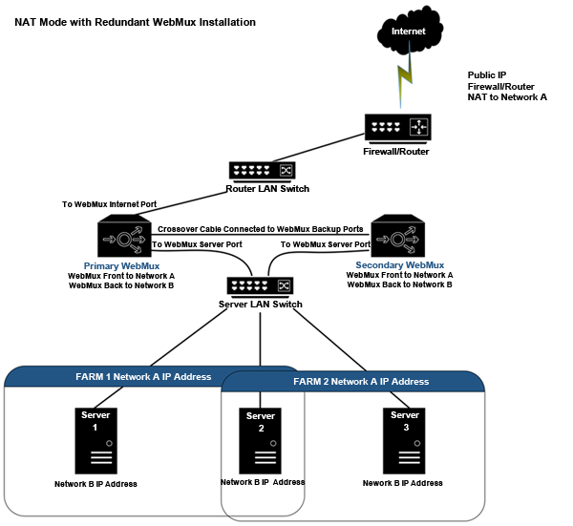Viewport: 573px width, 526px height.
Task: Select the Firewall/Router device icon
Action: pyautogui.click(x=398, y=127)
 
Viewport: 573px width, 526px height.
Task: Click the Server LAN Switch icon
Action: pyautogui.click(x=261, y=285)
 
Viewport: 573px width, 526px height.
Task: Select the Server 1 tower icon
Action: pyautogui.click(x=95, y=438)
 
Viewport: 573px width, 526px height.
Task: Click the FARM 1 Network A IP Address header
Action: pyautogui.click(x=143, y=376)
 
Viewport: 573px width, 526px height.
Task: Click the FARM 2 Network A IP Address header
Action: pyautogui.click(x=361, y=381)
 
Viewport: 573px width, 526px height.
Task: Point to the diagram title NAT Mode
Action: pyautogui.click(x=135, y=21)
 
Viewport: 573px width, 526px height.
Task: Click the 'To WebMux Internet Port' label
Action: pyautogui.click(x=109, y=204)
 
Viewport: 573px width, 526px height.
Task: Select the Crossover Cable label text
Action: pyautogui.click(x=260, y=229)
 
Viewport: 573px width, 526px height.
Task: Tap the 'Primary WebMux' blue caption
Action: pyautogui.click(x=121, y=264)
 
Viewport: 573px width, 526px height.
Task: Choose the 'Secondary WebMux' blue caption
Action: pyautogui.click(x=399, y=264)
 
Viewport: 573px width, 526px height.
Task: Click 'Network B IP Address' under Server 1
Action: pyautogui.click(x=96, y=484)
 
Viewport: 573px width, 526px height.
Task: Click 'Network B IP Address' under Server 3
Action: pyautogui.click(x=403, y=483)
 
